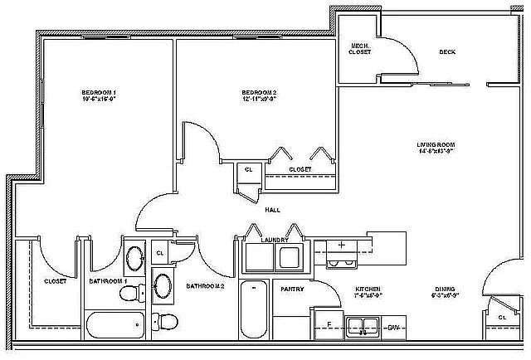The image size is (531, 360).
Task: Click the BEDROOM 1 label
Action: click(x=99, y=91)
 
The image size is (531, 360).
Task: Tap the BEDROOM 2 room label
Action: click(x=259, y=91)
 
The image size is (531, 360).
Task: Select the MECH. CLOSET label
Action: click(x=360, y=48)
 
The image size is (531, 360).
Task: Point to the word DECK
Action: click(x=447, y=51)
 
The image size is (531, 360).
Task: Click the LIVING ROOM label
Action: click(x=436, y=146)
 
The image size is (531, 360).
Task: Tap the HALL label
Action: click(x=271, y=210)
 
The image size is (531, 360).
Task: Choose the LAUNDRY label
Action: click(x=274, y=240)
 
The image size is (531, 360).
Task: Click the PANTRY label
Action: click(x=291, y=289)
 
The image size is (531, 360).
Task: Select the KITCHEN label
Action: click(x=368, y=289)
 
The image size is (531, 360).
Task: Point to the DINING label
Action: click(x=446, y=289)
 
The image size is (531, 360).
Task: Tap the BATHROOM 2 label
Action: click(x=206, y=286)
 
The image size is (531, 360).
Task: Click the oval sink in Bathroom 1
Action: click(x=134, y=260)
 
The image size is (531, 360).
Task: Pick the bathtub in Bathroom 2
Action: click(x=253, y=311)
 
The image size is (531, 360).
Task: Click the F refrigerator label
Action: click(x=329, y=324)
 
